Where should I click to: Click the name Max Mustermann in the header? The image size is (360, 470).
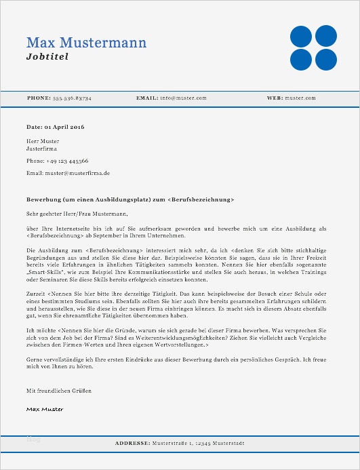[86, 43]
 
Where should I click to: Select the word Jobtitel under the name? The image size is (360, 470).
[47, 57]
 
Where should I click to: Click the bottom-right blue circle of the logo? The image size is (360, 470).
[326, 60]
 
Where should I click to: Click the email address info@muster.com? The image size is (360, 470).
[183, 98]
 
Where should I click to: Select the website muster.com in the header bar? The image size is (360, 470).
[300, 98]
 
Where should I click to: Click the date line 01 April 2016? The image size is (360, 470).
[55, 127]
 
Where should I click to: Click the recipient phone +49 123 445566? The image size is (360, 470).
[57, 161]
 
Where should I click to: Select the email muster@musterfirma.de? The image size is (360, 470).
[68, 173]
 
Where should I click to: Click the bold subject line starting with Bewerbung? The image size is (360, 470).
[130, 200]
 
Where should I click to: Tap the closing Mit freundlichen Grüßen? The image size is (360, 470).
[58, 391]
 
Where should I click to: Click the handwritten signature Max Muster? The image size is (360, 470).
[45, 409]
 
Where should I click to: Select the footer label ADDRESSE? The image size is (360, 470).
[132, 443]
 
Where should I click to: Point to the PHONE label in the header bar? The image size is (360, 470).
[38, 98]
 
